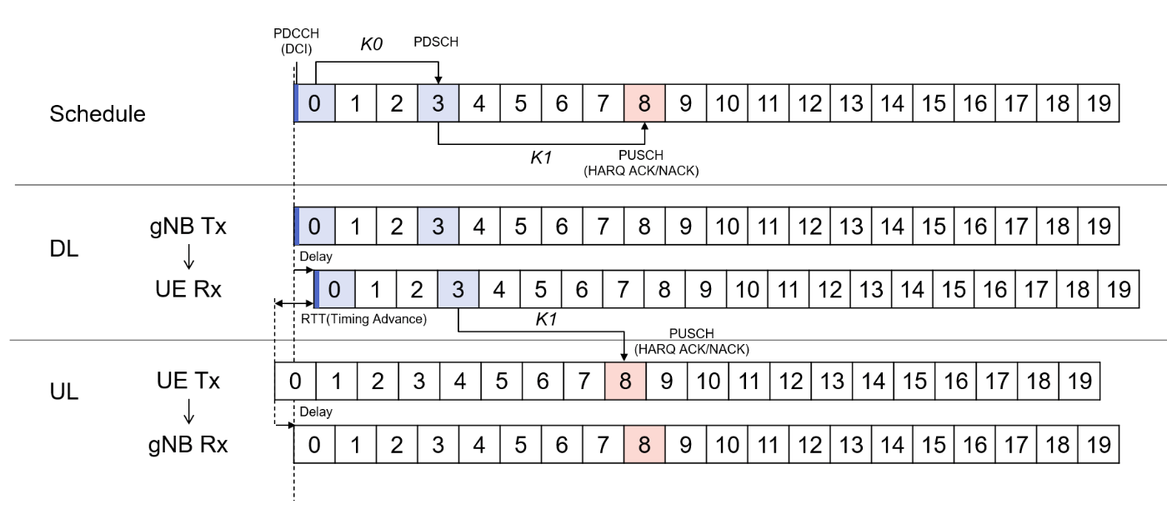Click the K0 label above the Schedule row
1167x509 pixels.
pyautogui.click(x=371, y=44)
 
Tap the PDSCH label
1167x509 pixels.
pyautogui.click(x=436, y=42)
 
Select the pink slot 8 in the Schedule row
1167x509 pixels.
pyautogui.click(x=644, y=103)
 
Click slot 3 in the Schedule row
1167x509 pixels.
pyautogui.click(x=438, y=103)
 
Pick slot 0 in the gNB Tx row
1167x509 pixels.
pyautogui.click(x=314, y=226)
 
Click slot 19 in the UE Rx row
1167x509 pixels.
pyautogui.click(x=1119, y=289)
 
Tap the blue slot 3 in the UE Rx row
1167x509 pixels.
pyautogui.click(x=458, y=289)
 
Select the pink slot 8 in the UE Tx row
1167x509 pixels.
pyautogui.click(x=625, y=382)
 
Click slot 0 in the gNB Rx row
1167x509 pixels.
pyautogui.click(x=313, y=444)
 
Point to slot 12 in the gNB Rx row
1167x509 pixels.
pyautogui.click(x=809, y=444)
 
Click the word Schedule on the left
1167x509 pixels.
pyautogui.click(x=98, y=114)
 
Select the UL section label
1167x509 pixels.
pyautogui.click(x=64, y=391)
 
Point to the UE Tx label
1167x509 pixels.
pyautogui.click(x=188, y=381)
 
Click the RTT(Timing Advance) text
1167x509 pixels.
pyautogui.click(x=363, y=319)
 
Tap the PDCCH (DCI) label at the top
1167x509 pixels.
pyautogui.click(x=296, y=41)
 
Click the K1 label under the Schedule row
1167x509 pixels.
pyautogui.click(x=542, y=157)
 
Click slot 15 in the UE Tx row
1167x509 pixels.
pyautogui.click(x=914, y=382)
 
